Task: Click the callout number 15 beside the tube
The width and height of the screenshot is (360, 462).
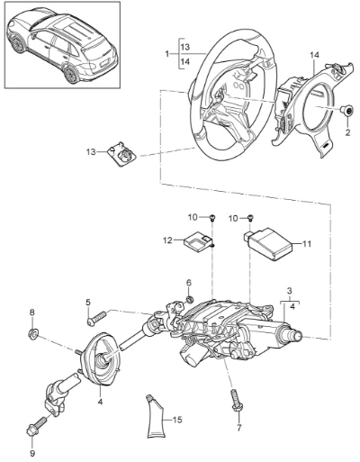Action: (x=177, y=420)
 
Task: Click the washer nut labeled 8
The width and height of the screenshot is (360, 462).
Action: (x=32, y=332)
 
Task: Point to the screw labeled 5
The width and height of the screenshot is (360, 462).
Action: (x=96, y=318)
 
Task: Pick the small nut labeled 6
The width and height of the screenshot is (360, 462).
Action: (x=189, y=299)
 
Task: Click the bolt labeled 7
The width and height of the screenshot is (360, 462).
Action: (x=237, y=400)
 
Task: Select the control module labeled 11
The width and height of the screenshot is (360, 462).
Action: (x=266, y=243)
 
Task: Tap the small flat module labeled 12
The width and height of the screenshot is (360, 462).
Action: (x=198, y=242)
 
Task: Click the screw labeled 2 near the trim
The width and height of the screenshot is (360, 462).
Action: (x=348, y=112)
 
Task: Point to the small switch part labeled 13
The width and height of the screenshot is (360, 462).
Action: (x=121, y=153)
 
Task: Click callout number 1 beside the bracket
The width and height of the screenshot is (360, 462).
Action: (x=167, y=54)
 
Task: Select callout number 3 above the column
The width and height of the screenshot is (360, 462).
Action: (x=290, y=291)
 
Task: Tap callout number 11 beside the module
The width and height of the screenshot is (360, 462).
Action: (x=307, y=244)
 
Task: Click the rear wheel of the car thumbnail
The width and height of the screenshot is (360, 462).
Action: (x=72, y=75)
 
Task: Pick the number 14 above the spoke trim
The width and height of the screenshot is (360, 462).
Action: (x=315, y=55)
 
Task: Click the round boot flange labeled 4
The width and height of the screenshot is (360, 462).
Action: (x=100, y=359)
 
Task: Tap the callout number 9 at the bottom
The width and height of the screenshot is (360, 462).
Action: (x=32, y=453)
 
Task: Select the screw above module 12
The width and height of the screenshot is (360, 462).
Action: (x=212, y=217)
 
